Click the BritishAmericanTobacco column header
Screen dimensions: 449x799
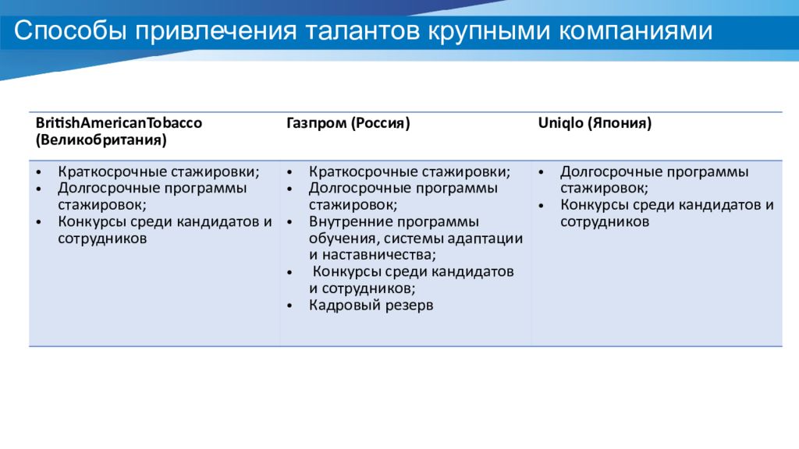(118, 123)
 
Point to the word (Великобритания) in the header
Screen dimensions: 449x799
(100, 140)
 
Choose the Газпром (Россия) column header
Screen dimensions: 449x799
(347, 123)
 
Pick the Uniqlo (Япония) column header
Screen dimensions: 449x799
(595, 123)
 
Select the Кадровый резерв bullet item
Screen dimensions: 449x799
(371, 306)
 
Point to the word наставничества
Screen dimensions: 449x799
(378, 255)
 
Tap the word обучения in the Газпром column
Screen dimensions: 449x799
(341, 239)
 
